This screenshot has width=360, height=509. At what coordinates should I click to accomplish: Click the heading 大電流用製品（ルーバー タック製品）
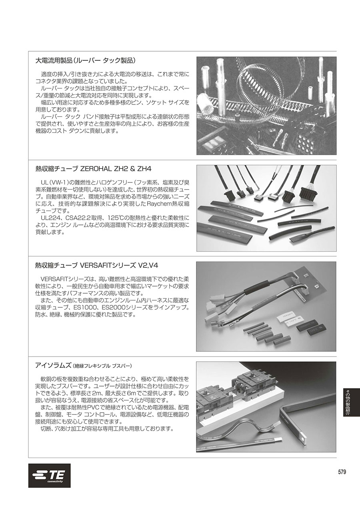coord(86,60)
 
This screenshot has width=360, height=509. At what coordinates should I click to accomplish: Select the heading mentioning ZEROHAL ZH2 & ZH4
coord(93,169)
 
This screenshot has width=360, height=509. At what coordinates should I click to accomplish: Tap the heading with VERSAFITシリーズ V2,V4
coord(98,265)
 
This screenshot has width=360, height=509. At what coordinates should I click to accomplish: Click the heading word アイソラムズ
coord(53,365)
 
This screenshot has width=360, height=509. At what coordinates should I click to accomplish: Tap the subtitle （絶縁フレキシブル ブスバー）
coord(102,366)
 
